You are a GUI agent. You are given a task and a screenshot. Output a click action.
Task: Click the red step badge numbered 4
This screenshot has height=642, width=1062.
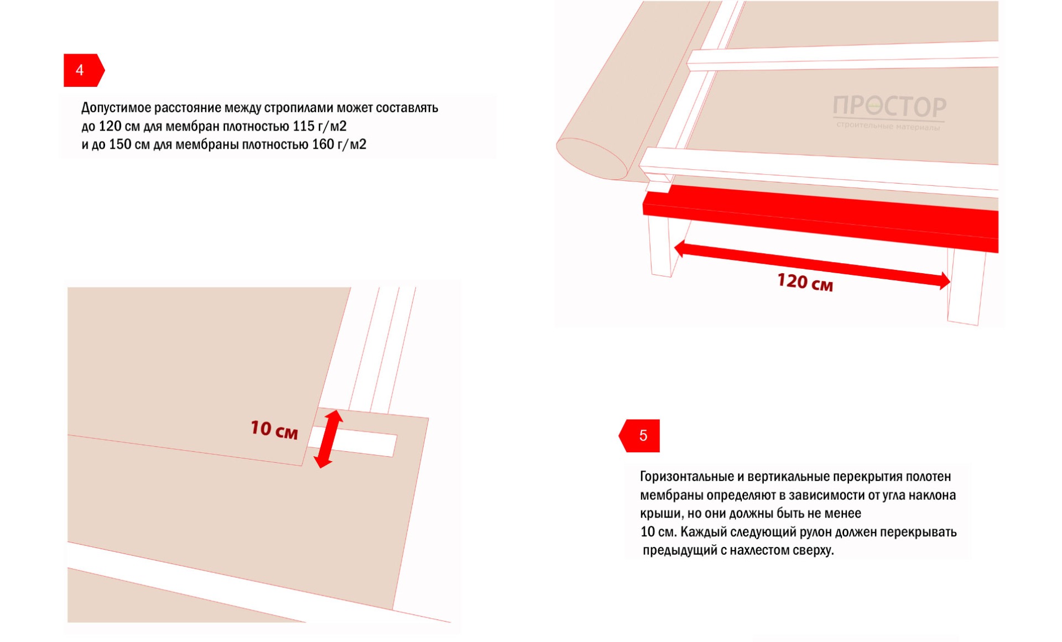point(84,70)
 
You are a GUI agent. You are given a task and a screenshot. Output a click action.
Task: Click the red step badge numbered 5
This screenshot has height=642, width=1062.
point(639,436)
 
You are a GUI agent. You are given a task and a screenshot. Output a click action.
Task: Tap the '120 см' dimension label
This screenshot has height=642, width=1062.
point(805,282)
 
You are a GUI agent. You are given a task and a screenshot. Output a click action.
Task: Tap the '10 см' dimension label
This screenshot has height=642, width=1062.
point(274,429)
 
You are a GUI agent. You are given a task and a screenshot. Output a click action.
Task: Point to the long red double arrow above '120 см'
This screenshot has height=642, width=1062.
point(812,264)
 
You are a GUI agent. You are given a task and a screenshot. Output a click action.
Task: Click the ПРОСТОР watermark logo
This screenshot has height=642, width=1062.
point(889,106)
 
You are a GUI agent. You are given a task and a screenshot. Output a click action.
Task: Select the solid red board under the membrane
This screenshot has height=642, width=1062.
point(821,219)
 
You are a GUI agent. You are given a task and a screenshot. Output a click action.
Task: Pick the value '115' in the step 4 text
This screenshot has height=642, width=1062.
point(304,126)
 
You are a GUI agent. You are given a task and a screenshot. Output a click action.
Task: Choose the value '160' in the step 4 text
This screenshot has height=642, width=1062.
point(323,144)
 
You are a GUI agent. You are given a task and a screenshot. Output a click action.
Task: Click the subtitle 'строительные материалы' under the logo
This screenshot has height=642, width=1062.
point(888,127)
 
